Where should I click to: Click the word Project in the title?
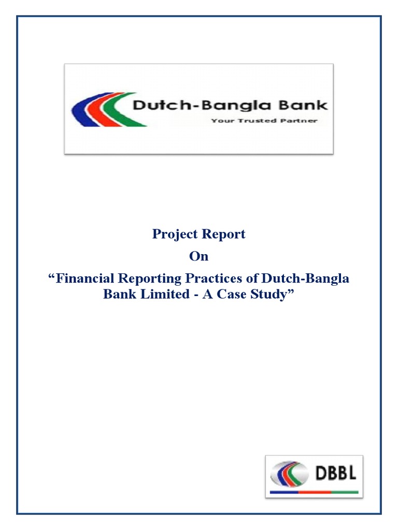click(172, 234)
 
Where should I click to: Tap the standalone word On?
click(198, 257)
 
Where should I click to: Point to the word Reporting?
click(151, 279)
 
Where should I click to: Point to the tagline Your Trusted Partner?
click(264, 121)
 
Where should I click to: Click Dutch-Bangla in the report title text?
click(306, 278)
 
